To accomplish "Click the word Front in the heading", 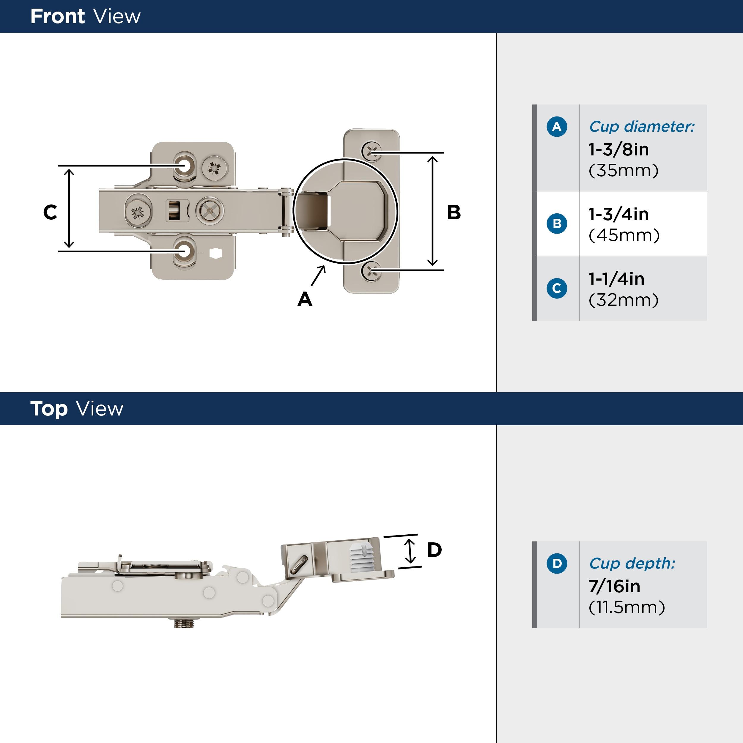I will pyautogui.click(x=57, y=17).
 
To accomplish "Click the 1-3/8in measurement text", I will pyautogui.click(x=618, y=149).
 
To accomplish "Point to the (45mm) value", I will pyautogui.click(x=624, y=235).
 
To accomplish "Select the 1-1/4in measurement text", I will pyautogui.click(x=616, y=279).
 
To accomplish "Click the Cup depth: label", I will pyautogui.click(x=632, y=563).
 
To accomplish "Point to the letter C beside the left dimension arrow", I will pyautogui.click(x=50, y=212).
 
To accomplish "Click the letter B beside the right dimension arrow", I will pyautogui.click(x=454, y=212).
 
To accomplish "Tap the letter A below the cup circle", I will pyautogui.click(x=305, y=299).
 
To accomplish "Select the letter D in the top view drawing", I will pyautogui.click(x=434, y=550).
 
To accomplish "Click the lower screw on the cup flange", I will pyautogui.click(x=371, y=271).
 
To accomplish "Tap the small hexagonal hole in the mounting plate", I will pyautogui.click(x=216, y=254).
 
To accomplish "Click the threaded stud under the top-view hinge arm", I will pyautogui.click(x=183, y=623).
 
